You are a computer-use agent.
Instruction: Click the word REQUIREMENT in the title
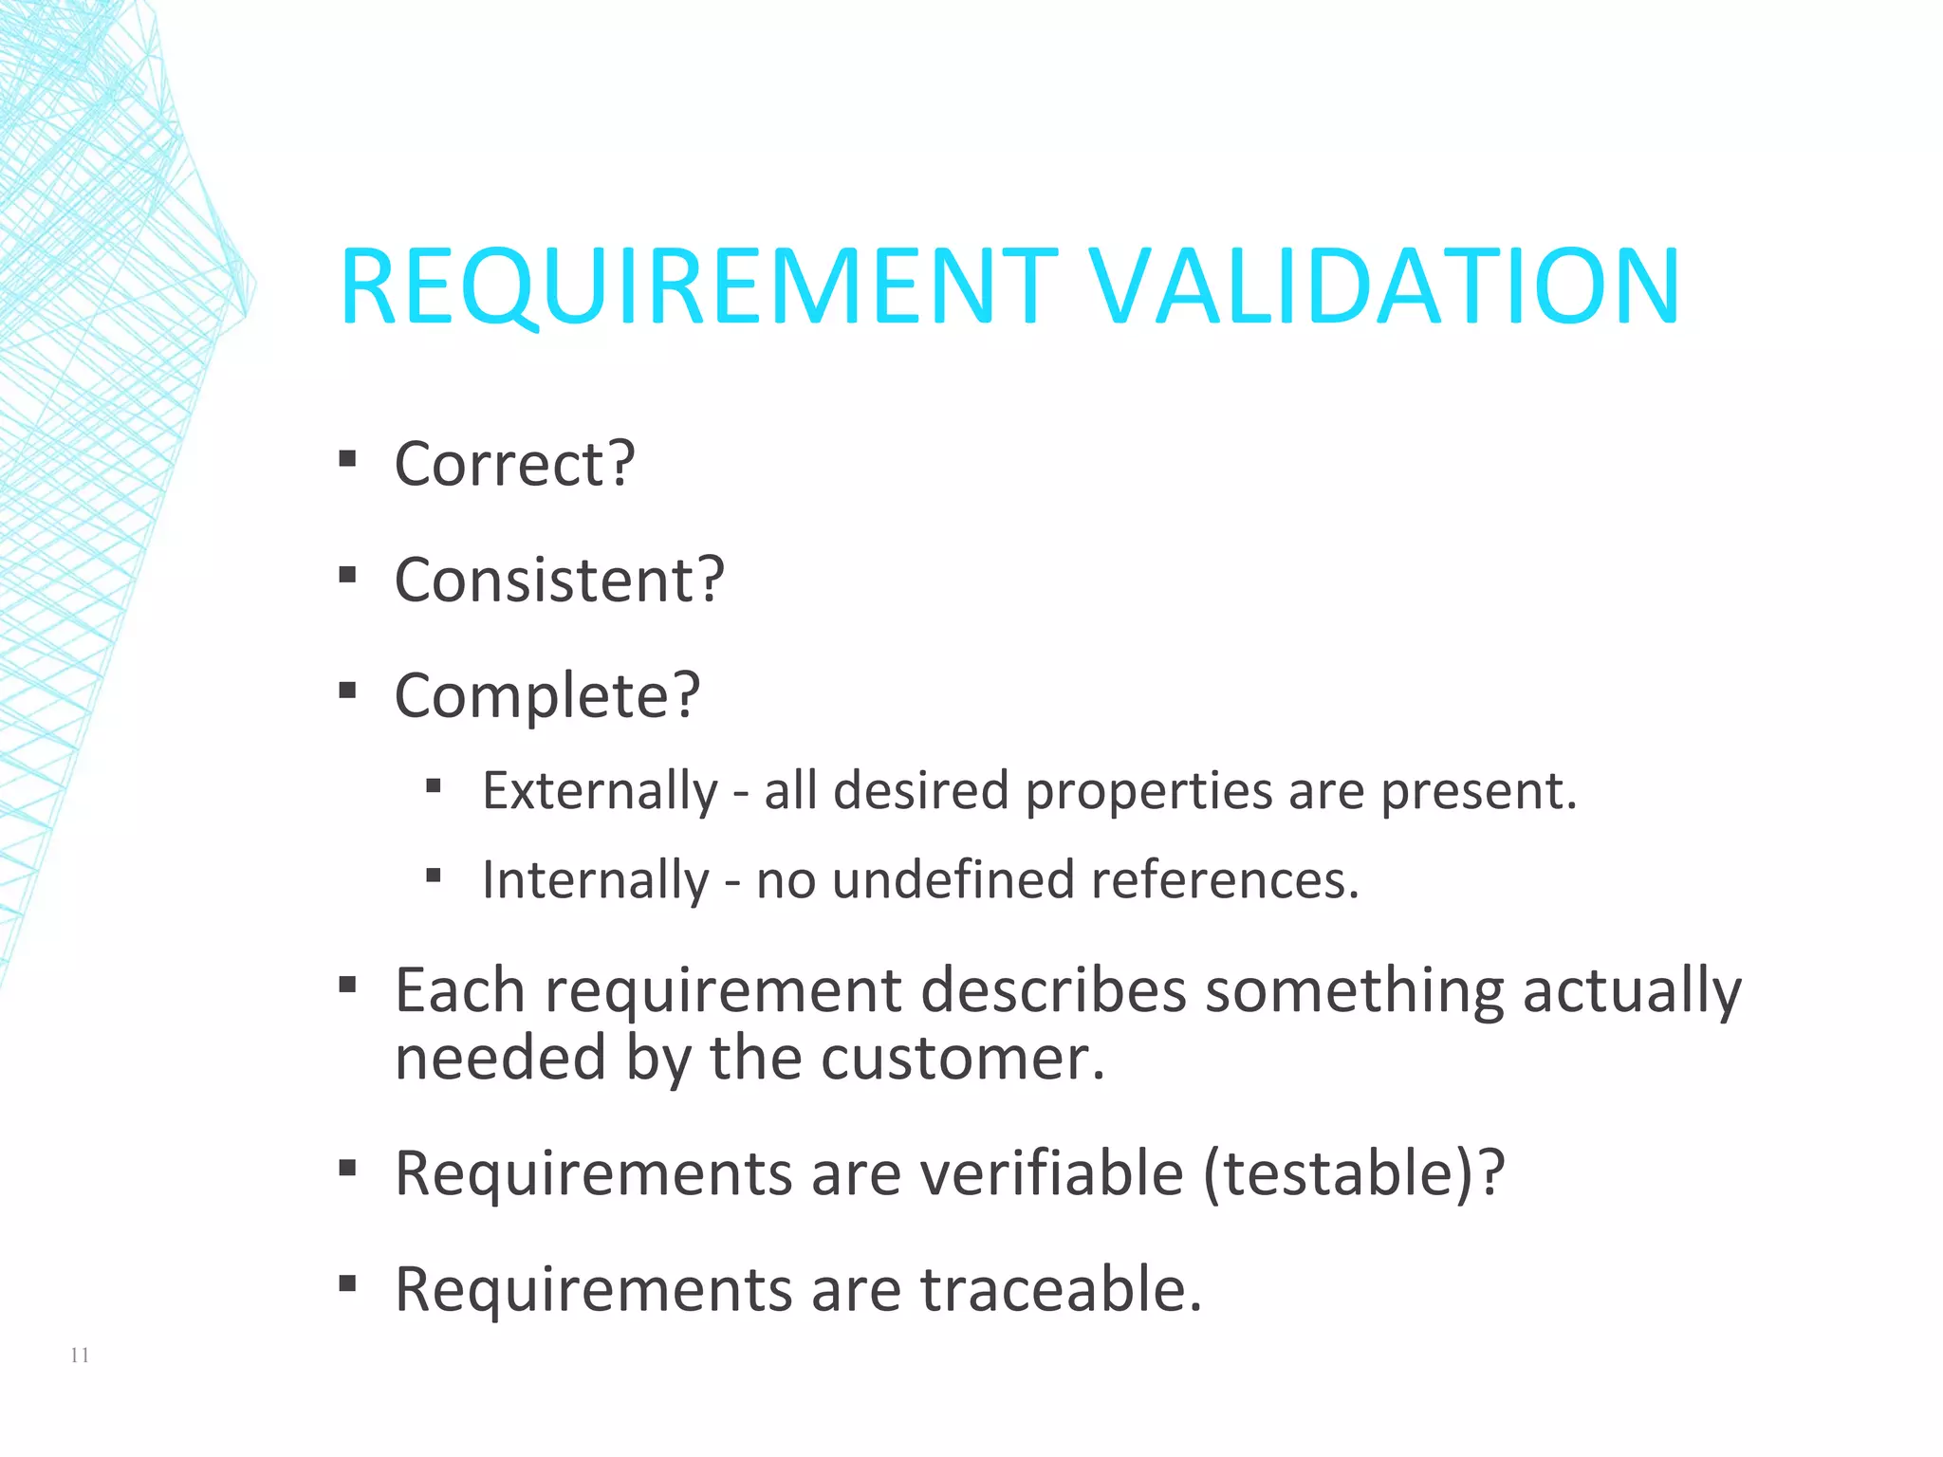697,286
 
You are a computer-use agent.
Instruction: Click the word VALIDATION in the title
1384,286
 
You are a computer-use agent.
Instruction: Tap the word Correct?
514,465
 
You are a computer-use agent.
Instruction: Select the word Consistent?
560,581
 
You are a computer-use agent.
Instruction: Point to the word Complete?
547,696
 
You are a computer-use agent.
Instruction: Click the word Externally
601,791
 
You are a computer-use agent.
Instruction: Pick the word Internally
596,880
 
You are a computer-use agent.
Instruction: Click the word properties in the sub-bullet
1148,791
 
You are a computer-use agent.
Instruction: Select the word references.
1225,880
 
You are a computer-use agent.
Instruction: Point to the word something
1355,992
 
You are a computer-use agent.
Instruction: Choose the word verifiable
1053,1174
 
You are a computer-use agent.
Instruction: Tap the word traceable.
1061,1290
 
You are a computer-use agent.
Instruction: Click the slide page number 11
80,1356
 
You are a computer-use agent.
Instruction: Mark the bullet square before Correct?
347,460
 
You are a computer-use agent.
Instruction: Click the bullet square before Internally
434,876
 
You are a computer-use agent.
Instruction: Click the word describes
1053,992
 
